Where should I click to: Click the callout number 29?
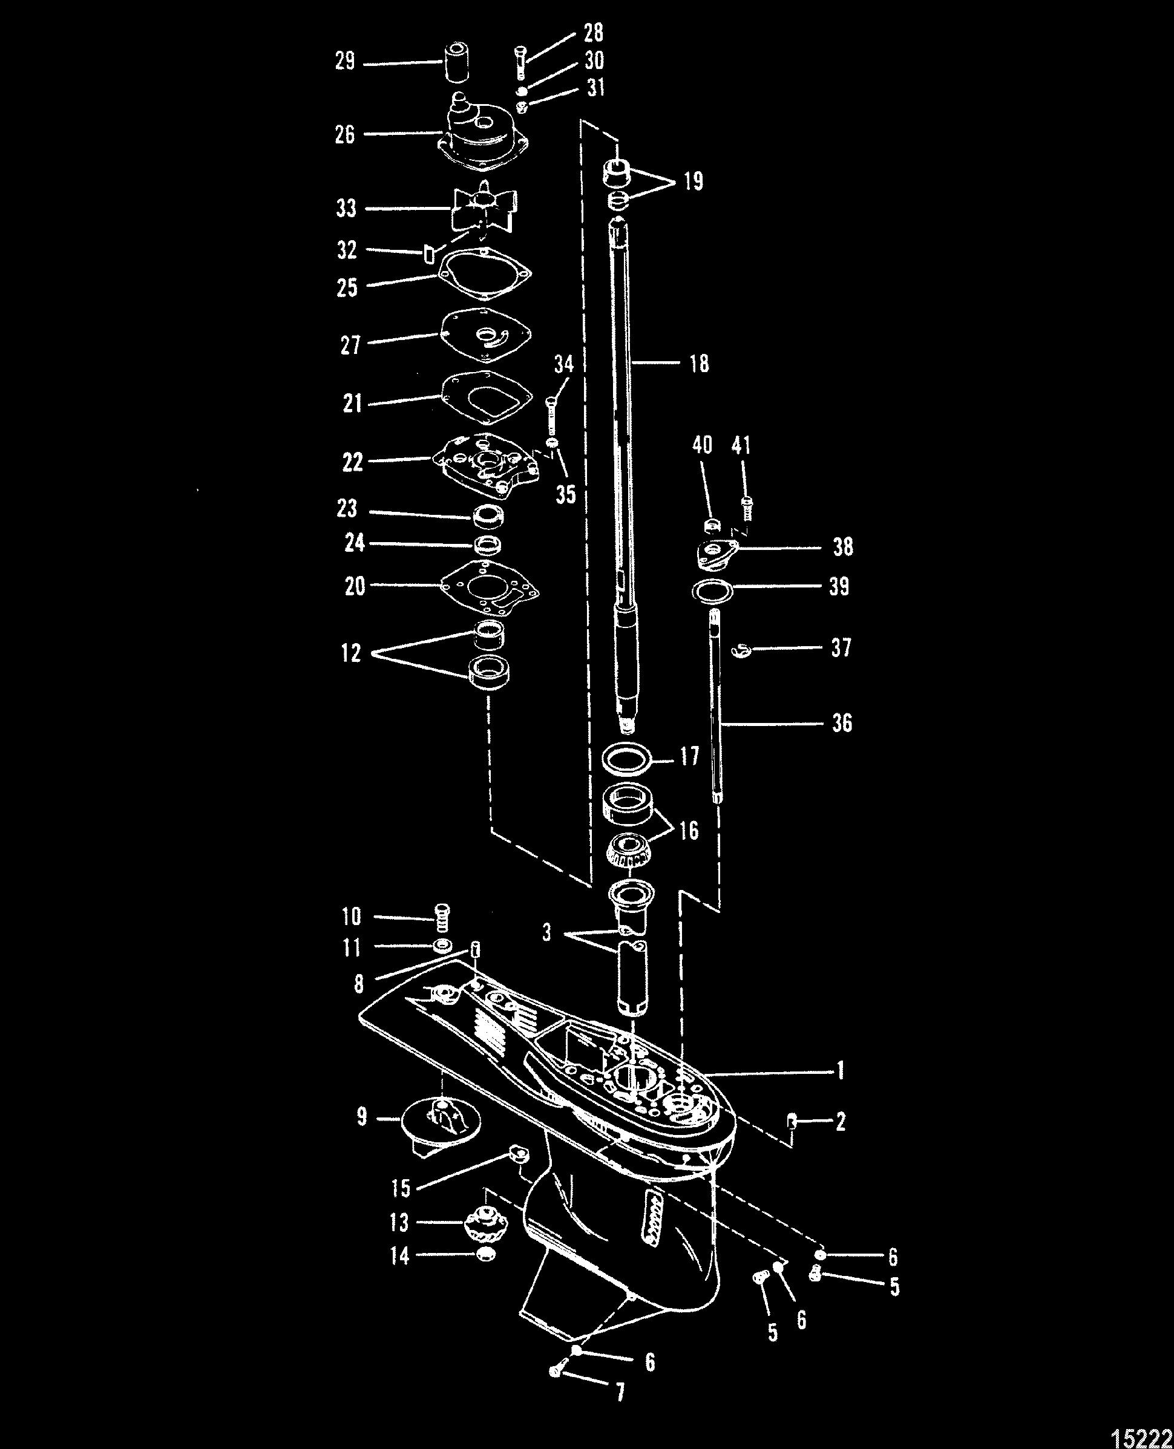345,63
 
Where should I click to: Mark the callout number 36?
841,724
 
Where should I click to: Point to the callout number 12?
351,653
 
